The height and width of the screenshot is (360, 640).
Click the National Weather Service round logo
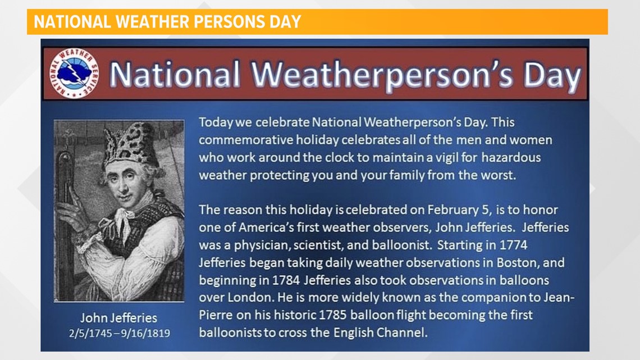point(71,74)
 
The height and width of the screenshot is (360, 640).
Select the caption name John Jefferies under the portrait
point(118,317)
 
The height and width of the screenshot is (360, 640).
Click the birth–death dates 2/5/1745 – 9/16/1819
point(118,333)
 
